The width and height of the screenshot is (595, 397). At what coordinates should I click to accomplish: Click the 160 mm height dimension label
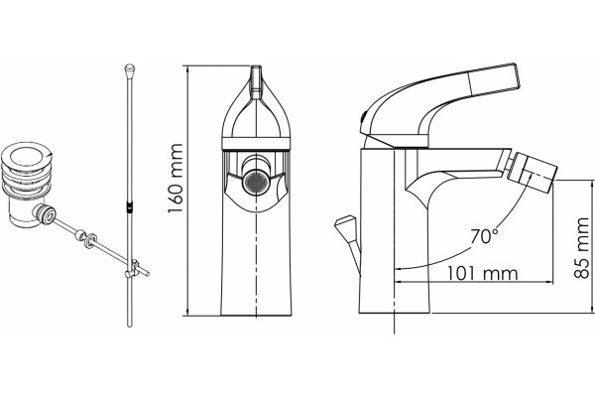tap(176, 179)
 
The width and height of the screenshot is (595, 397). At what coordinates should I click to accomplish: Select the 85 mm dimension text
tap(582, 248)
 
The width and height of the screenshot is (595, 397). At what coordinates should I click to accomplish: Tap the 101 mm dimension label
tap(482, 273)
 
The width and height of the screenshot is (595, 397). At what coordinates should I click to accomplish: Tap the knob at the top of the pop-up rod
tap(129, 69)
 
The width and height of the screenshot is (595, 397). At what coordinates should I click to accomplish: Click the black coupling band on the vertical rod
tap(129, 207)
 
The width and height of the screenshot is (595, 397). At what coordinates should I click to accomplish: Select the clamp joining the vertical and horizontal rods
tap(133, 269)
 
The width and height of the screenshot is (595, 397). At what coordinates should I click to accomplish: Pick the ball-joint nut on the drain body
tap(45, 214)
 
